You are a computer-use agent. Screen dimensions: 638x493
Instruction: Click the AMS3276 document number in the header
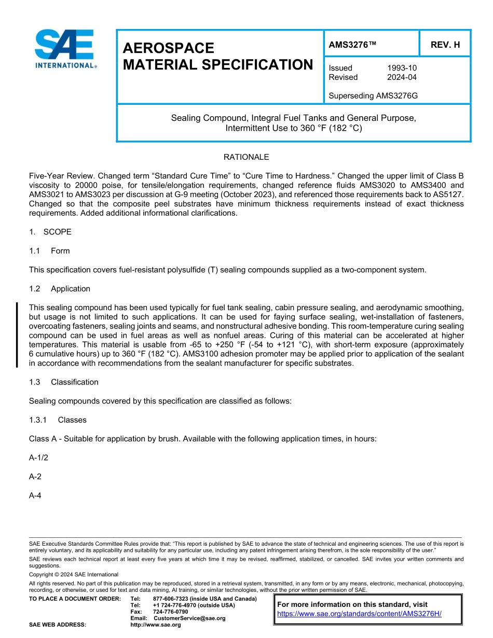pos(352,45)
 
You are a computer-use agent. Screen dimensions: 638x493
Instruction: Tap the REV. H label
pos(445,45)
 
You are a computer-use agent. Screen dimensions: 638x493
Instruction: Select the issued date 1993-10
pos(402,68)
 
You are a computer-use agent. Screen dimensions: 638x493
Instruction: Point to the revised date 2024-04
pos(402,77)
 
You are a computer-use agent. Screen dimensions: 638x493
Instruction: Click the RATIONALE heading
pos(246,157)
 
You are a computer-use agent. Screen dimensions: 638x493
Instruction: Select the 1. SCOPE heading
pos(50,232)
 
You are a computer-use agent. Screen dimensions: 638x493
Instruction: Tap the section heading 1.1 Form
pos(49,251)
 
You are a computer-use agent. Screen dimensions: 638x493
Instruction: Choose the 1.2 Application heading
pos(60,289)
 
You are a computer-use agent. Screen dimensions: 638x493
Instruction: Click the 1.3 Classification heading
pos(64,382)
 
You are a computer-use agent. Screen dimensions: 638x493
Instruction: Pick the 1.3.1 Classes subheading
pos(58,420)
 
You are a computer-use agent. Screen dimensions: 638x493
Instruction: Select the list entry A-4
pos(35,496)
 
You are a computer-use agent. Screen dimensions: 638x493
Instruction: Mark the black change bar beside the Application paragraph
pos(17,335)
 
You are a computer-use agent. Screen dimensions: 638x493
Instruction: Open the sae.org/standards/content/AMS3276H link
pos(359,614)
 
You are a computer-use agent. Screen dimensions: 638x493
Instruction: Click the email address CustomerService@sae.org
pos(189,618)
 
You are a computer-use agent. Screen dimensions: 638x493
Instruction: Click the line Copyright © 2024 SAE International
pos(74,574)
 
